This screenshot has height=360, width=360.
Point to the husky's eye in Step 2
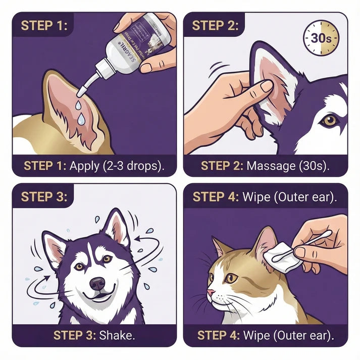[330, 120]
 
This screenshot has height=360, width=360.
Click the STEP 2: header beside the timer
[215, 26]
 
